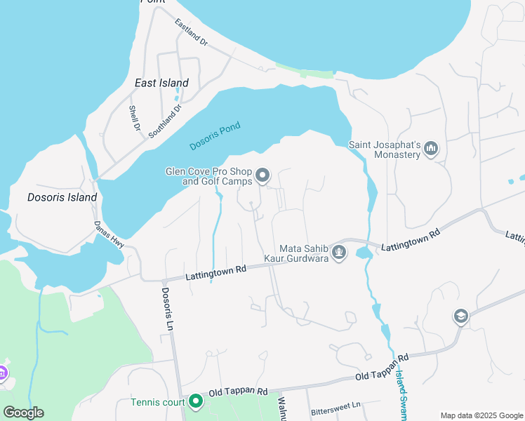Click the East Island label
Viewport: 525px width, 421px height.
161,83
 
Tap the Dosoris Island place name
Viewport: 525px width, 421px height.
62,197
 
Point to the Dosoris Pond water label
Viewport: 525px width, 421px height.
215,136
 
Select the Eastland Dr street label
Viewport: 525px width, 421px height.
192,33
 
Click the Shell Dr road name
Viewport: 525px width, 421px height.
134,119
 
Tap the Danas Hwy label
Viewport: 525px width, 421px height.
109,234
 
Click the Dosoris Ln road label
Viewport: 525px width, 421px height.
166,309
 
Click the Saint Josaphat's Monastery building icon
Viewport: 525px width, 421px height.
432,148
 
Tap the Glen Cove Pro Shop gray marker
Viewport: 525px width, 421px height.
262,175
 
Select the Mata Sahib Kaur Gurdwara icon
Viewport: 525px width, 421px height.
339,252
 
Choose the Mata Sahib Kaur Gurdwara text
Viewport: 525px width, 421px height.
304,253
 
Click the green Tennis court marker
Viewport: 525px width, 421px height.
195,402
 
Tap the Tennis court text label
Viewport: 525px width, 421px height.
158,402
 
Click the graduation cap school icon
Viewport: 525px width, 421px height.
460,316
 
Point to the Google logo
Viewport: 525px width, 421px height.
23,412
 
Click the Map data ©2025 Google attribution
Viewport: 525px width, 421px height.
481,415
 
